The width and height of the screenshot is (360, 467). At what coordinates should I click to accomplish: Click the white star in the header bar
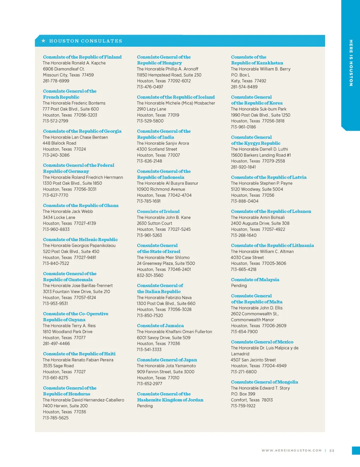point(43,41)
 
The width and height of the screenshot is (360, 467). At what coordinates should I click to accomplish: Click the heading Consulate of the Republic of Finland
point(82,57)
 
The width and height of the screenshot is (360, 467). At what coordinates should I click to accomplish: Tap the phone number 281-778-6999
point(56,81)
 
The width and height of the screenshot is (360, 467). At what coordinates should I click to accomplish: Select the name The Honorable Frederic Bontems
point(74,103)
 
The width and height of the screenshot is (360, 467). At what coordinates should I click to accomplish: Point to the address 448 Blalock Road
point(59,143)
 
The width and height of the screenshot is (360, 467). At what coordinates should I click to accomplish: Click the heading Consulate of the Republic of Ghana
point(81,206)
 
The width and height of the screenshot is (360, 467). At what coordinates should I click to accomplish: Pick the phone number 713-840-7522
point(56,263)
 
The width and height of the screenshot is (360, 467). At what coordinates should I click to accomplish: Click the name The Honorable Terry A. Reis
point(69,326)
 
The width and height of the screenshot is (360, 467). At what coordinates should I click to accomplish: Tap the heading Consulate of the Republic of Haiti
point(79,354)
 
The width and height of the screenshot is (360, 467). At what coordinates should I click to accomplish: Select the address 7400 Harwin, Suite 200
point(65,406)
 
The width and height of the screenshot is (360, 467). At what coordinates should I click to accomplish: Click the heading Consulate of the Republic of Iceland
point(176,97)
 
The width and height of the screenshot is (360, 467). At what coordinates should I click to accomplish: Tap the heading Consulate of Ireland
point(158,212)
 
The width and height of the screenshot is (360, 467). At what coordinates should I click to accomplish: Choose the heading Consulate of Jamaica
point(160,326)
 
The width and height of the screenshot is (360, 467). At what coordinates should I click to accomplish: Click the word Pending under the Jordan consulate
point(145,406)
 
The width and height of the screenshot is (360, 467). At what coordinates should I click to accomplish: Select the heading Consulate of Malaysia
point(255,280)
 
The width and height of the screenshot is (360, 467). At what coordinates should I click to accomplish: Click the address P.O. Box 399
point(243,394)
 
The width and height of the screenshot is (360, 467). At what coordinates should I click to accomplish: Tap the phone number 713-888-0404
point(244,201)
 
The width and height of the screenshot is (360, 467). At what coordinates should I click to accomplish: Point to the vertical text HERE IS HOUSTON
point(351,63)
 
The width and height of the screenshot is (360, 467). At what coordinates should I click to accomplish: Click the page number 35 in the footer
point(332,450)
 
